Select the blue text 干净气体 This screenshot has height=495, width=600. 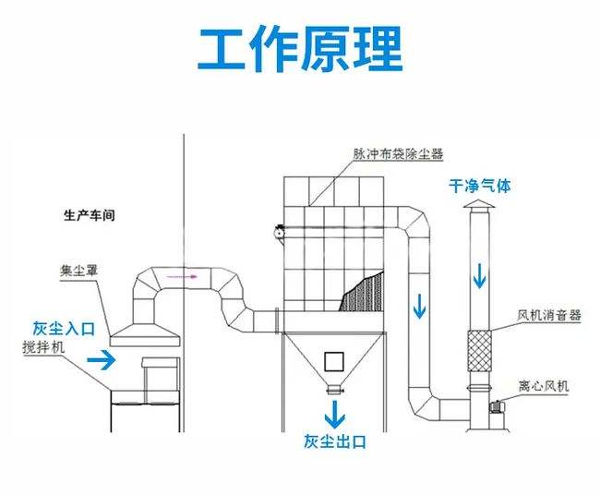point(479,186)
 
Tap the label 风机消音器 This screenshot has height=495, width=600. point(549,315)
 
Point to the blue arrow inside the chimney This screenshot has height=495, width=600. point(480,274)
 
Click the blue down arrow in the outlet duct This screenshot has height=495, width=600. point(420,306)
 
